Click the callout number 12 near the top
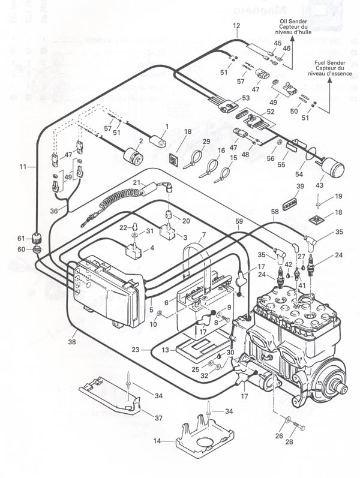(236, 26)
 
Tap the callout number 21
(136, 182)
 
